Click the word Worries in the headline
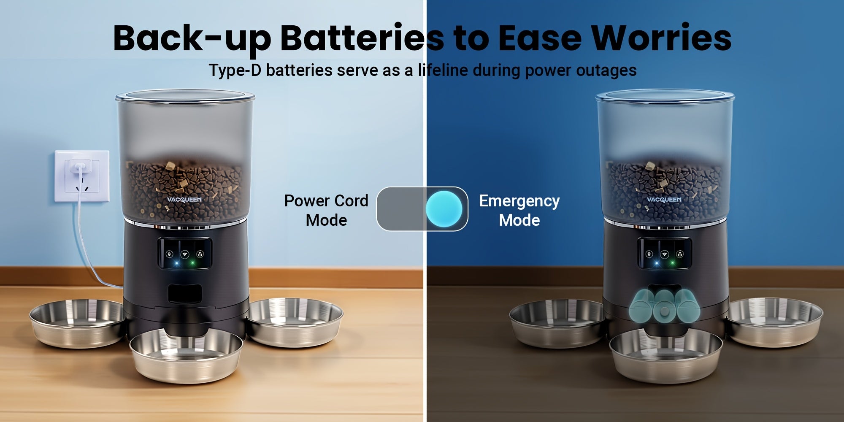pyautogui.click(x=661, y=38)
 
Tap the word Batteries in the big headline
pyautogui.click(x=362, y=38)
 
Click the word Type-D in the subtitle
pyautogui.click(x=235, y=70)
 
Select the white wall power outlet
pyautogui.click(x=82, y=176)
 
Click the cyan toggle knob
pyautogui.click(x=444, y=209)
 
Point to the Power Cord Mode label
pyautogui.click(x=326, y=210)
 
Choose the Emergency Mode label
pyautogui.click(x=519, y=210)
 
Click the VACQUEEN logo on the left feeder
pyautogui.click(x=184, y=200)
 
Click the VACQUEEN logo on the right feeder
pyautogui.click(x=664, y=199)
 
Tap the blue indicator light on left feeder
pyautogui.click(x=177, y=264)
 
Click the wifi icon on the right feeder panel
pyautogui.click(x=665, y=254)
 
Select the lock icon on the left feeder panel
pyautogui.click(x=200, y=254)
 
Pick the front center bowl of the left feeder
pyautogui.click(x=186, y=355)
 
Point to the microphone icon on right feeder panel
pyautogui.click(x=649, y=254)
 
